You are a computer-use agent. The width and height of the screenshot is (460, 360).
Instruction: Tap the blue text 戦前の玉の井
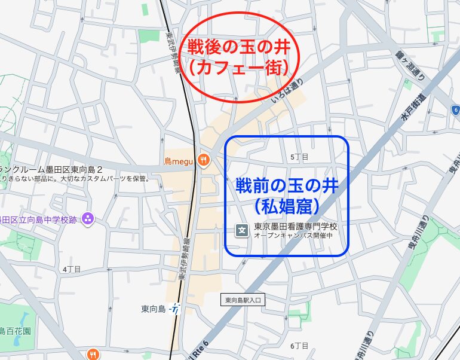pos(287,185)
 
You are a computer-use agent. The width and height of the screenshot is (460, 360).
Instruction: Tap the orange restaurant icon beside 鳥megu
pos(204,160)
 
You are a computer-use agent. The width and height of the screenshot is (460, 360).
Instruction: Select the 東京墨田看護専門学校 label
pos(296,227)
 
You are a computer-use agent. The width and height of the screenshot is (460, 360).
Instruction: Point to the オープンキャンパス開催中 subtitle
pos(293,236)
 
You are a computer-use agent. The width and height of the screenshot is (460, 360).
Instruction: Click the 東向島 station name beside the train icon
pos(154,309)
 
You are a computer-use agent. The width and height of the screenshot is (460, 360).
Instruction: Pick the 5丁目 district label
pos(299,157)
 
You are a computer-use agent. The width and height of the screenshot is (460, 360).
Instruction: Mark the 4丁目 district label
pos(71,269)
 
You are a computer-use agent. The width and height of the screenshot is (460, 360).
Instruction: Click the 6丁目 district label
pos(299,346)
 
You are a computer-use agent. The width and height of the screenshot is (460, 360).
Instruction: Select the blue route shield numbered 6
pos(455,110)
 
